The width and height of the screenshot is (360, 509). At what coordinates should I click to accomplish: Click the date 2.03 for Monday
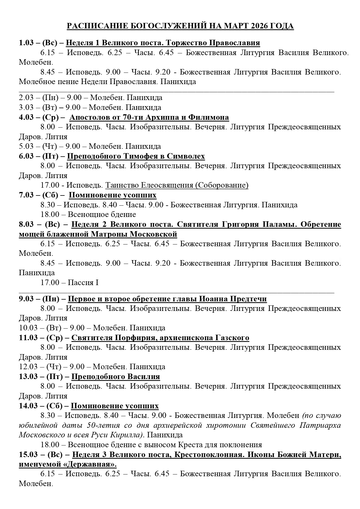click(x=25, y=97)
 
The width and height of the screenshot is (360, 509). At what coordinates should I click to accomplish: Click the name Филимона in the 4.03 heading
click(x=209, y=117)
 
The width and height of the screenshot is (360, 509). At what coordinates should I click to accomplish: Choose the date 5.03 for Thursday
click(x=25, y=146)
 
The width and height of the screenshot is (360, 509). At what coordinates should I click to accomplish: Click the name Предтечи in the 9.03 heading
click(x=248, y=299)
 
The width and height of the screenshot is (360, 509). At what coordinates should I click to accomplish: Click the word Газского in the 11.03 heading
click(x=232, y=338)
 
